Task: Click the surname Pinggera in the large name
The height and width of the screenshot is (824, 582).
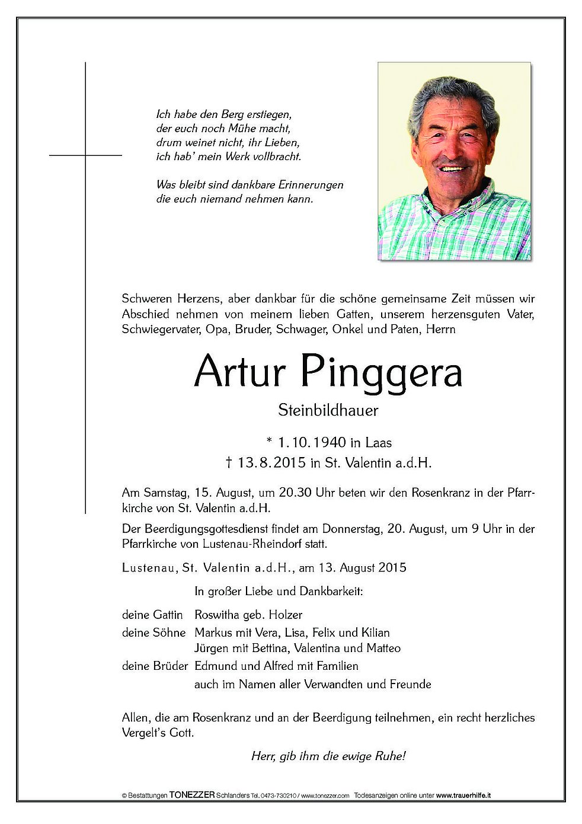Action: click(x=382, y=372)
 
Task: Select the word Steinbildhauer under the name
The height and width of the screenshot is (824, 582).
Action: click(x=328, y=410)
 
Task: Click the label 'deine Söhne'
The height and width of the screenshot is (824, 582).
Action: click(x=154, y=633)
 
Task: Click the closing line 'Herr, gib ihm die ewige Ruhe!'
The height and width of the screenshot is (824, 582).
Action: click(x=328, y=756)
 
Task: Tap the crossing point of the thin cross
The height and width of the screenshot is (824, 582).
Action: click(x=86, y=155)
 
